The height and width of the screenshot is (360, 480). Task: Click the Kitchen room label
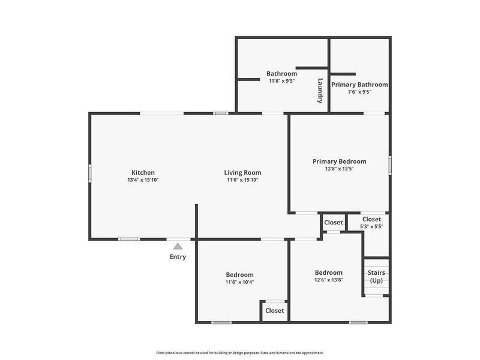point(143,173)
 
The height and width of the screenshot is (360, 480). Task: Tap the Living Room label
point(242,173)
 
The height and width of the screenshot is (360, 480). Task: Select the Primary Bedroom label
point(339,161)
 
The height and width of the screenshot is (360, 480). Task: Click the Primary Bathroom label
point(359,85)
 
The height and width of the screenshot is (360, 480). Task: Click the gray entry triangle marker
point(178,245)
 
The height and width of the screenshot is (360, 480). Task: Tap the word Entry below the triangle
point(178,257)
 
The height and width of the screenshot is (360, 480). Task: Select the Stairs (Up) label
point(376,277)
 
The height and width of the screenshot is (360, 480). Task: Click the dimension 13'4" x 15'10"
point(143,180)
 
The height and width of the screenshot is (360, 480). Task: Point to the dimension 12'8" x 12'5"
point(339,169)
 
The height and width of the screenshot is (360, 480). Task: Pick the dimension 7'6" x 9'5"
point(359,92)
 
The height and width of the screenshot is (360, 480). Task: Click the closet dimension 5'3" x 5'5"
point(371,226)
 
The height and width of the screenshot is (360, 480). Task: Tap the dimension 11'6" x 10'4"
point(239,282)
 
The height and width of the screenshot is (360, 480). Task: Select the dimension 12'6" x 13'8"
point(328,280)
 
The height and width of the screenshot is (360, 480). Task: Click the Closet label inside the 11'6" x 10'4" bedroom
point(274,310)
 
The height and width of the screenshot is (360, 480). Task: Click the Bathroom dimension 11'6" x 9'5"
point(281,81)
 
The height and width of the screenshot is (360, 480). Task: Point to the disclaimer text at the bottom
point(240,353)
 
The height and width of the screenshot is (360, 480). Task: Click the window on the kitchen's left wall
point(90,172)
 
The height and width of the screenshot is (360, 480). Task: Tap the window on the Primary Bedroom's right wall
point(389,164)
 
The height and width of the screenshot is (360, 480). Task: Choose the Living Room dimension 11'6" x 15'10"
point(242,180)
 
